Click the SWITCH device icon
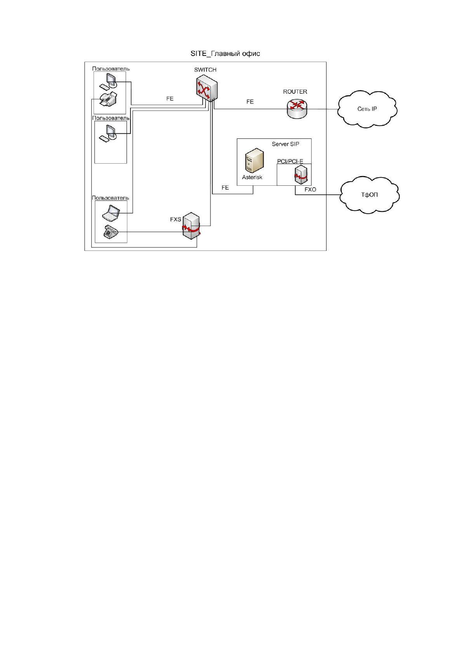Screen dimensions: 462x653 click(207, 88)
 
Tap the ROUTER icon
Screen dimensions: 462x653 click(297, 109)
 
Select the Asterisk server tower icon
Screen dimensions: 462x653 click(254, 161)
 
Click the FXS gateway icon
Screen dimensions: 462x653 click(191, 226)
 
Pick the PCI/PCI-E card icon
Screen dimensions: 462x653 click(300, 175)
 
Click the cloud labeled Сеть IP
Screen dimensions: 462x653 click(367, 109)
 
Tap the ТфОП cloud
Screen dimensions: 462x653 click(369, 194)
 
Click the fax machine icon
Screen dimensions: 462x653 click(108, 99)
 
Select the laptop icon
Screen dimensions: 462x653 click(111, 213)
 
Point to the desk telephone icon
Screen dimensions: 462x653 click(111, 232)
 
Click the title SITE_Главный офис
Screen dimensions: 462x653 click(225, 54)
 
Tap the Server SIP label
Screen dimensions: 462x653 click(285, 144)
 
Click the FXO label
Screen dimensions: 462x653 click(310, 190)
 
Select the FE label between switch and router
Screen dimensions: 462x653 click(250, 102)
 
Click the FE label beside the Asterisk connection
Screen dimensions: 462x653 click(225, 187)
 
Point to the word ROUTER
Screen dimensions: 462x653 click(295, 92)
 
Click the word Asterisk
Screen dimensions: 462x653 click(252, 177)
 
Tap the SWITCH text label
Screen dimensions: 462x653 click(205, 70)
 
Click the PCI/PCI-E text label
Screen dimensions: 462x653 click(290, 161)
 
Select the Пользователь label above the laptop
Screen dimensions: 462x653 click(110, 198)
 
